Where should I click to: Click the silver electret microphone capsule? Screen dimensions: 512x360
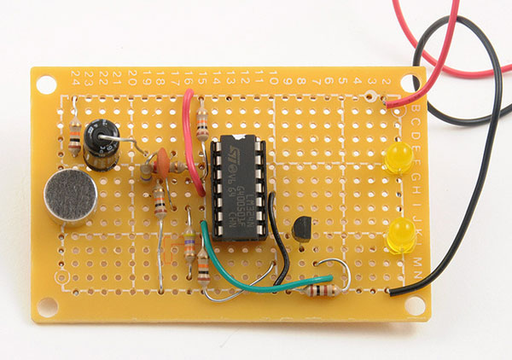[x=67, y=197]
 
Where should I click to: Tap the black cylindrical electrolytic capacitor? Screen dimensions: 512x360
[x=102, y=146]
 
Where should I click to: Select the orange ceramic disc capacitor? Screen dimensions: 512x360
[x=159, y=160]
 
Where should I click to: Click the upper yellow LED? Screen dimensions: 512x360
[x=396, y=159]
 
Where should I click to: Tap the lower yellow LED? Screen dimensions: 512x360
[x=399, y=235]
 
